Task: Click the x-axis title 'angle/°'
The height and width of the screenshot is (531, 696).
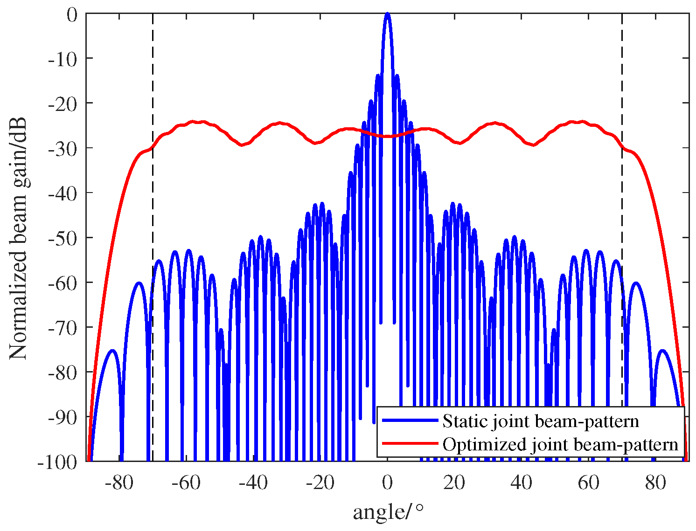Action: [389, 512]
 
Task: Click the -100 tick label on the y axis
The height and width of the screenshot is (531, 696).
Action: [58, 462]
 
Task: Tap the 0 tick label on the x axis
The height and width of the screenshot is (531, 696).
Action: [387, 483]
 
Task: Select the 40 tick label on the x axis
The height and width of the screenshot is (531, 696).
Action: [521, 483]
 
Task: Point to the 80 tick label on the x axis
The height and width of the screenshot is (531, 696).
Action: [655, 483]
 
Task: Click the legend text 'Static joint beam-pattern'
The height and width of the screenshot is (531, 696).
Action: [540, 421]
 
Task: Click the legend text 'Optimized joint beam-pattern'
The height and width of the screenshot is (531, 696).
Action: [560, 444]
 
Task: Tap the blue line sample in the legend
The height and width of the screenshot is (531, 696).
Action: [410, 421]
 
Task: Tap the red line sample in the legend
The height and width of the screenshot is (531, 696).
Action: [410, 443]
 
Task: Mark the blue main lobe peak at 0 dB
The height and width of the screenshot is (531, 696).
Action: [387, 14]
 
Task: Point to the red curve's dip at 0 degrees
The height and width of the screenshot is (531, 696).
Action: [387, 136]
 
